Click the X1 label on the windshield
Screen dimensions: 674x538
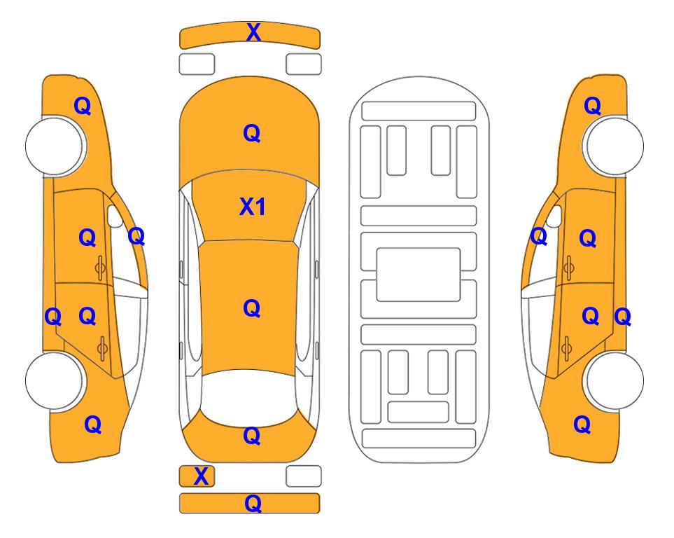[253, 207]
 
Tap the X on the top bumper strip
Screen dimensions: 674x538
[253, 32]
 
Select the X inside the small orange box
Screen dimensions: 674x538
[201, 476]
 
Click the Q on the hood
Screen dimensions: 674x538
[252, 133]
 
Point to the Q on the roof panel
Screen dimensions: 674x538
[252, 308]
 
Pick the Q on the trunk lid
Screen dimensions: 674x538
[252, 436]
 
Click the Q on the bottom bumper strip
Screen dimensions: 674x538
[253, 503]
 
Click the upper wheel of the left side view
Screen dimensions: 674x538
[55, 146]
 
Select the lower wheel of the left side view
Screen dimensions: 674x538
[55, 380]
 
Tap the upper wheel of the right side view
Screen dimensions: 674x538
[613, 146]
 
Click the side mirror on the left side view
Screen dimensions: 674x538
[114, 216]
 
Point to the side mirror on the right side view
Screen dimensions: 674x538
[554, 216]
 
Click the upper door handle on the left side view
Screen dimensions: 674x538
[100, 268]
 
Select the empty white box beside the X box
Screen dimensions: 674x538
[304, 476]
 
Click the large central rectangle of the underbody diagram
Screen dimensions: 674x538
[419, 275]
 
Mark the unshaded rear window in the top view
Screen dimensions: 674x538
[249, 396]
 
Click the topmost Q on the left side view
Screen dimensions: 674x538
[83, 106]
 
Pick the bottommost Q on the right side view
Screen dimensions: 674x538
[582, 425]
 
